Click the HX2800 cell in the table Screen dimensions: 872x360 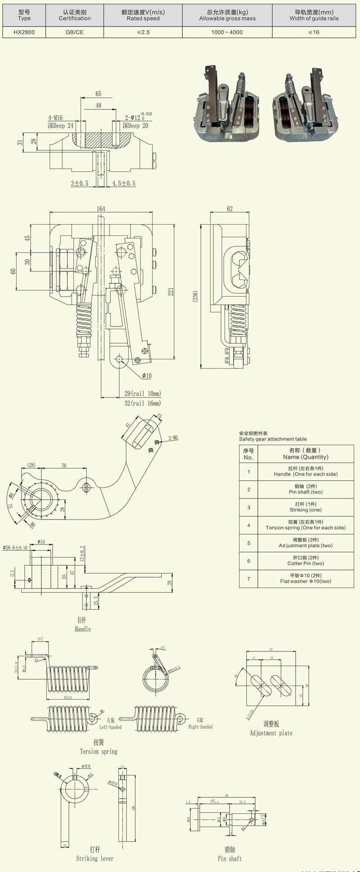[x=24, y=32]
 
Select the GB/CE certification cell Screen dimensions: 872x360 [x=75, y=32]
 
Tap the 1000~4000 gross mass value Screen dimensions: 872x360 [x=227, y=32]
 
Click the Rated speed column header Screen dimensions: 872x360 [x=143, y=15]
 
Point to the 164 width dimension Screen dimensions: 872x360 [x=101, y=209]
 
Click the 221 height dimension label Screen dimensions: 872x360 [x=171, y=292]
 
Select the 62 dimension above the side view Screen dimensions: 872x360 [x=230, y=209]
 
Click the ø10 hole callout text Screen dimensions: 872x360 [x=147, y=375]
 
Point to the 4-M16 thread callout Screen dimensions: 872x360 [x=55, y=118]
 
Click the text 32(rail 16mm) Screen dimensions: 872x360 [x=142, y=403]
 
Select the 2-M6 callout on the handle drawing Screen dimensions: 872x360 [x=173, y=438]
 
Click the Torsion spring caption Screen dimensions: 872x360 [x=99, y=751]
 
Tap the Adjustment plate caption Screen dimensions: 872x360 [x=271, y=733]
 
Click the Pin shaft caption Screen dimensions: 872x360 [x=229, y=858]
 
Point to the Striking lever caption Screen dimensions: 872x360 [x=94, y=858]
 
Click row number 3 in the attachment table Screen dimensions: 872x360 [x=248, y=507]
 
